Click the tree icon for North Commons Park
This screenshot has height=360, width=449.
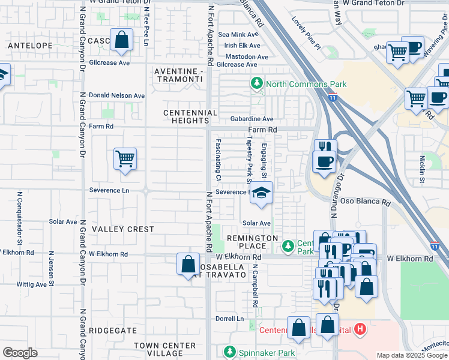tap(258, 83)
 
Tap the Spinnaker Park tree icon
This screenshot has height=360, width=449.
tap(229, 351)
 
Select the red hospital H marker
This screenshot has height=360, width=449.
tap(360, 329)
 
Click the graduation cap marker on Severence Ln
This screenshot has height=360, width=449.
tap(261, 193)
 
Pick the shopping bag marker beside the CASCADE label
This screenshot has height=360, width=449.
tap(121, 40)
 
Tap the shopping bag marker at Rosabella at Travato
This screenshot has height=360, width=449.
tap(188, 263)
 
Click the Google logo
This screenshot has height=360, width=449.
tap(20, 353)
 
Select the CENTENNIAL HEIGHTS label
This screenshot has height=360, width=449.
tap(191, 116)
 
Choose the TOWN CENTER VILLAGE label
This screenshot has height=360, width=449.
tap(164, 350)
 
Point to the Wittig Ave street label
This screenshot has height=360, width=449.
tap(32, 284)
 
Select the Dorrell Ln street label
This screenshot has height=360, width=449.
tap(231, 319)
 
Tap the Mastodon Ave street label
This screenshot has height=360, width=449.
tap(246, 56)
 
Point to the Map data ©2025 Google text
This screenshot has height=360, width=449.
tap(411, 355)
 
